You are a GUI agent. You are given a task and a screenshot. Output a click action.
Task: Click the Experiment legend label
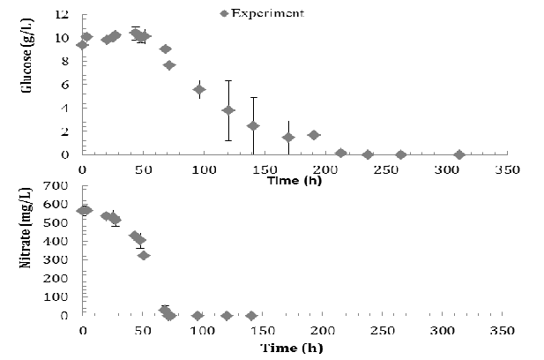(269, 13)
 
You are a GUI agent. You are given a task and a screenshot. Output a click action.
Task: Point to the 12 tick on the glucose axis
(63, 15)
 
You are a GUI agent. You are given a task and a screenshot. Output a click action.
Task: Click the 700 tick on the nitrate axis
(58, 186)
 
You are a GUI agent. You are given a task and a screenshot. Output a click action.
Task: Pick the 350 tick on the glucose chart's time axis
(506, 168)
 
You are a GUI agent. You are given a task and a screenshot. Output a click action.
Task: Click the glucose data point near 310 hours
(458, 154)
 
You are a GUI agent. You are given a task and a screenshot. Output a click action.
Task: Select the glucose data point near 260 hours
(400, 154)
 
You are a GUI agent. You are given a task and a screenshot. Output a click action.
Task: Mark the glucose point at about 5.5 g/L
(199, 89)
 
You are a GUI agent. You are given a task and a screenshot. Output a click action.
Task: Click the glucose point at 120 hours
(228, 110)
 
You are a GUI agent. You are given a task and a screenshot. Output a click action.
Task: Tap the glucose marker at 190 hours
(313, 135)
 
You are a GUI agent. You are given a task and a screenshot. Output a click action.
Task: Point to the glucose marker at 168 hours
(287, 137)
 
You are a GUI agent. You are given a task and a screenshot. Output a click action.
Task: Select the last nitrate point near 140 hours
(251, 315)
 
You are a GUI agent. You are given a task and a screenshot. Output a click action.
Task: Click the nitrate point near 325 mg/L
(144, 255)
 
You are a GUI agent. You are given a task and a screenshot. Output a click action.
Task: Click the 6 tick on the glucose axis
(65, 85)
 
